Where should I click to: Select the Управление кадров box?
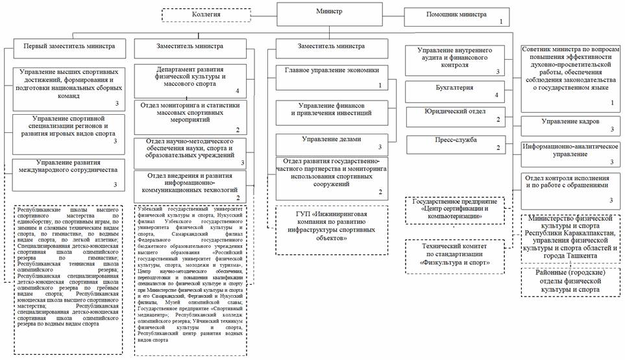pos(571,125)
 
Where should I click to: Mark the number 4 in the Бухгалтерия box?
pos(496,96)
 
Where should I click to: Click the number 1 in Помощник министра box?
pos(501,21)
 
